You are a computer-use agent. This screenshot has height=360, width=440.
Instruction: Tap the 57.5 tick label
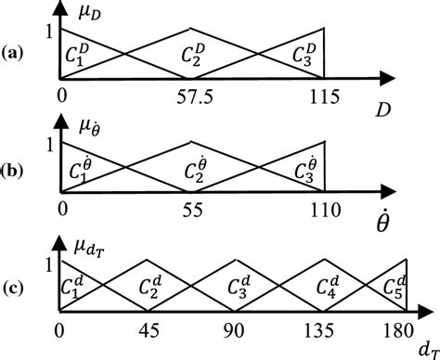192,96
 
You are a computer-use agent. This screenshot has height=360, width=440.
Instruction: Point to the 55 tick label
192,211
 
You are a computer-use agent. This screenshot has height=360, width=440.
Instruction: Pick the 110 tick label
324,211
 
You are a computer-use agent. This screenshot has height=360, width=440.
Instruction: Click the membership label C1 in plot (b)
80,173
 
